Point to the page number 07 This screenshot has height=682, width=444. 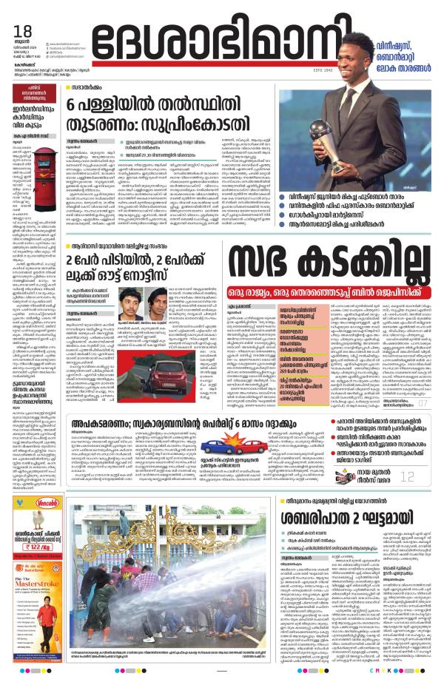click(423, 403)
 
